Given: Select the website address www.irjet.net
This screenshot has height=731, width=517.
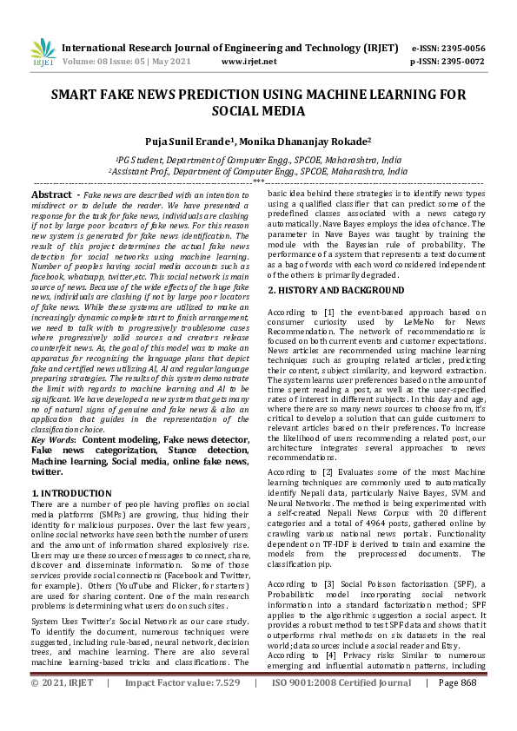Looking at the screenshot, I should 249,62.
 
